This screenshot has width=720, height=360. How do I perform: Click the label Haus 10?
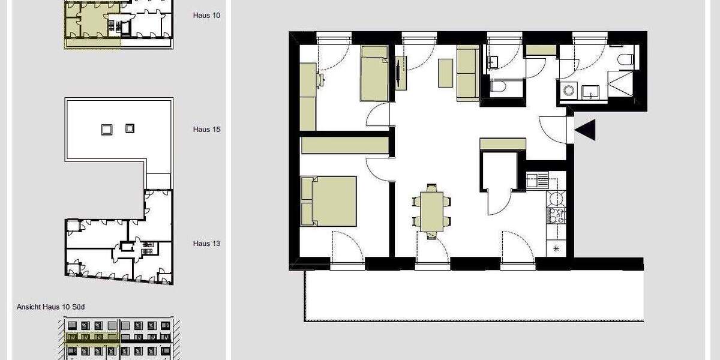(206, 15)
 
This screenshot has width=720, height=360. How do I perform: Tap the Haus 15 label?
(206, 129)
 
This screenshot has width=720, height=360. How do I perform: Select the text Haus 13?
(206, 244)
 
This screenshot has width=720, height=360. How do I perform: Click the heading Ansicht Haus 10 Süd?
(50, 307)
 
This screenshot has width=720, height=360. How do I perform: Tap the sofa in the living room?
(467, 73)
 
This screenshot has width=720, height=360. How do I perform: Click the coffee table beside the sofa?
(445, 73)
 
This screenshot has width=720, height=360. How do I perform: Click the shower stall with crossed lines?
(622, 85)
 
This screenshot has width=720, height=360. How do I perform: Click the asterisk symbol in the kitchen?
(556, 248)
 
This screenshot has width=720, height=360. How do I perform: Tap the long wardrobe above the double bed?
(344, 145)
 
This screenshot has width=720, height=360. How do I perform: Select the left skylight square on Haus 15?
(107, 128)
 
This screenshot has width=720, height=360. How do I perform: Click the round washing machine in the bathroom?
(568, 91)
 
